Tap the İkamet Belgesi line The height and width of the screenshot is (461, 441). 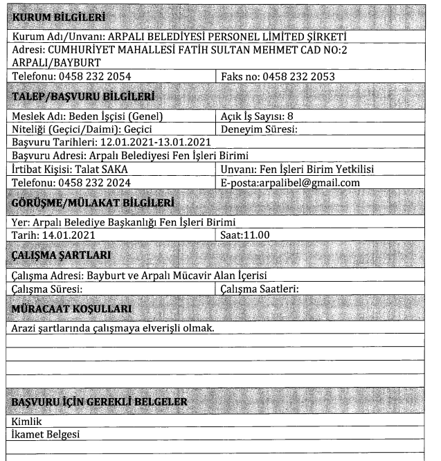point(46,434)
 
